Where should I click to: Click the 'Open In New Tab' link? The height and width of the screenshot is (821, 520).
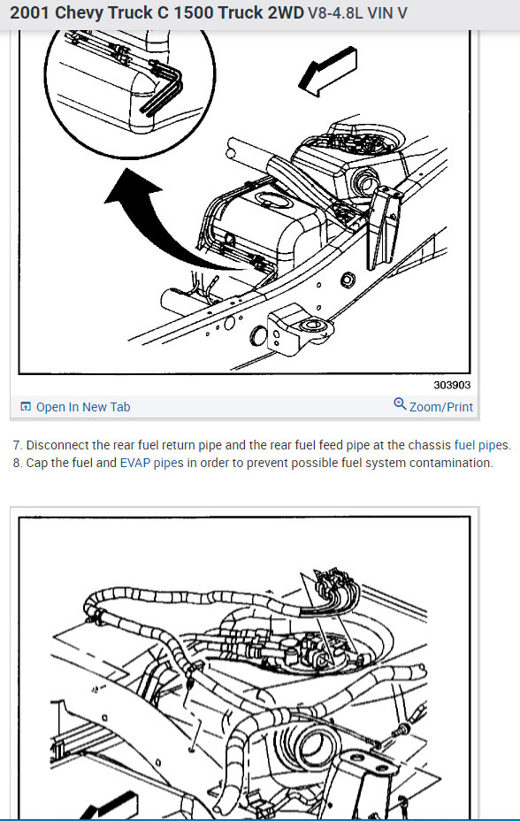[83, 407]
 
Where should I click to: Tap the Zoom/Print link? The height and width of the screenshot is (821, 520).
[441, 407]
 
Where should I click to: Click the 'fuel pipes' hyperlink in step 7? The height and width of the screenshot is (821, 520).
[481, 445]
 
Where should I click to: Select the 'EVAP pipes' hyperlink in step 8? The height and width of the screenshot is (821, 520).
[152, 463]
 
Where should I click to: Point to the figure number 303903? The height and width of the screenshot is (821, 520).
[452, 385]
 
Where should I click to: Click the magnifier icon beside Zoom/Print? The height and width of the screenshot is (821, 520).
[400, 404]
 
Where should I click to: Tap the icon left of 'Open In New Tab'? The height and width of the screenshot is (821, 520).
[25, 407]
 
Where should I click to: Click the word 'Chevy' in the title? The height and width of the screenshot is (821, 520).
[79, 13]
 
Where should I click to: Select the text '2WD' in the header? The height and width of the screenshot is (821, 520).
[287, 12]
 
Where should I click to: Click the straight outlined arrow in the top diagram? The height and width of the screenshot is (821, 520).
[328, 71]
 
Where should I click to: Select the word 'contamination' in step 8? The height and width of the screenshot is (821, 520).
[451, 463]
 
